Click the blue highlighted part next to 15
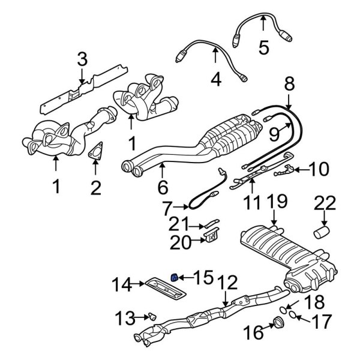[x=174, y=277]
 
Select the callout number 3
[x=82, y=59]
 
